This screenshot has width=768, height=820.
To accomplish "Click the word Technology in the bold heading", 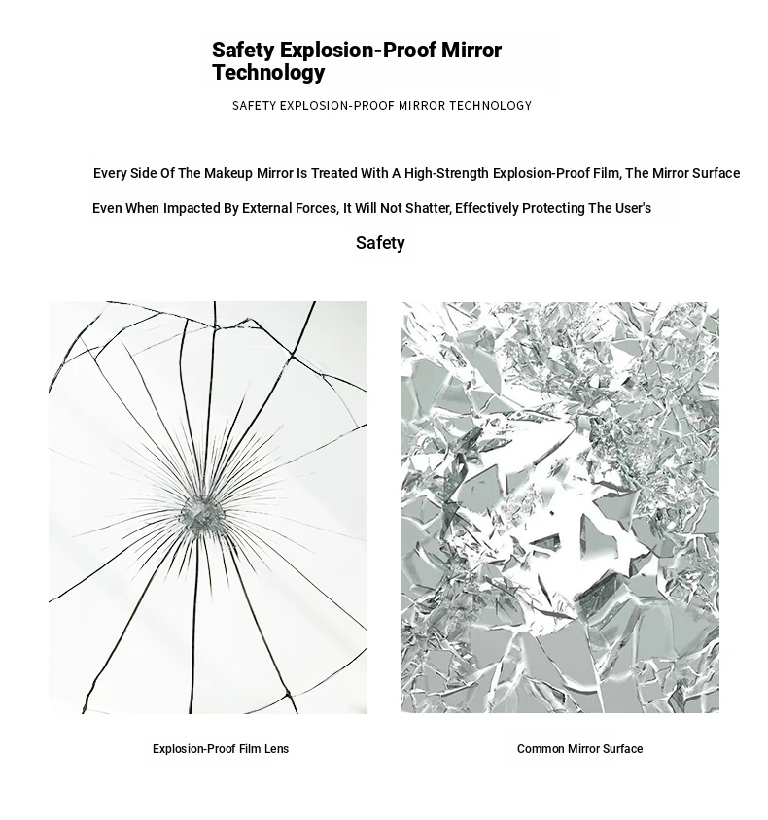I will click(x=268, y=73).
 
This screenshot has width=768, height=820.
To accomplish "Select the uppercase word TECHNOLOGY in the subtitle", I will click(x=490, y=105).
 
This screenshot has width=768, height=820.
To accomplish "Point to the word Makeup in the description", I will click(x=228, y=173).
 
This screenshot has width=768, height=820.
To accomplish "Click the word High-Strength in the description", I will click(x=446, y=173).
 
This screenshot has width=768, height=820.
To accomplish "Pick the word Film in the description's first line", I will click(x=606, y=173).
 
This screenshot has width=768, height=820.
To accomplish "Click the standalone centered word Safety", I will click(x=380, y=243).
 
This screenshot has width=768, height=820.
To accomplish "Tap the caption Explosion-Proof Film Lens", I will click(x=221, y=749).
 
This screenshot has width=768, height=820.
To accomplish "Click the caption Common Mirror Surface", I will click(x=579, y=749).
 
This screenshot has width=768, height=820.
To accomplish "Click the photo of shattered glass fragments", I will click(x=560, y=507).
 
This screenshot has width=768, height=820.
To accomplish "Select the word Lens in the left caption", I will click(x=276, y=749).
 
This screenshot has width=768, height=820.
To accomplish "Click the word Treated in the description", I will click(x=333, y=173).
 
